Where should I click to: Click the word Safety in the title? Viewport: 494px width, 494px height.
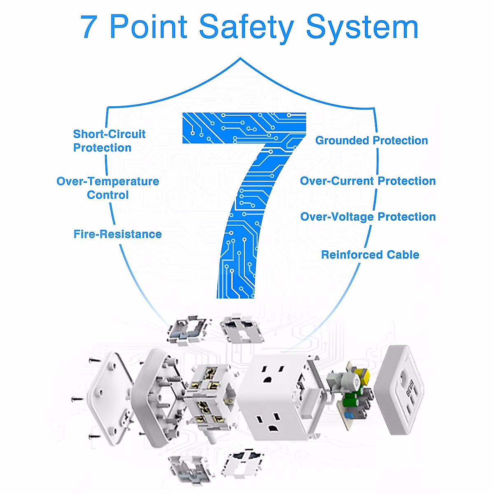pos(246,27)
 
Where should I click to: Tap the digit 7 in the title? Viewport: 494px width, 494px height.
pos(89,27)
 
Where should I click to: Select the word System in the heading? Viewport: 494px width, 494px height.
pos(362,27)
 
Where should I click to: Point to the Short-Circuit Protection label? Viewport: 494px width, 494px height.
pos(109,141)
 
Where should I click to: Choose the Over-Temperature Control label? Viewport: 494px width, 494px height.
pos(108,188)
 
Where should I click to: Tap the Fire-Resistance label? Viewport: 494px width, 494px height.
pos(118,234)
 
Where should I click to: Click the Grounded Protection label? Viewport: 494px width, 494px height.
pos(371,140)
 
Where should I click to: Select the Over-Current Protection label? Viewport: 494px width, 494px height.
pos(368,181)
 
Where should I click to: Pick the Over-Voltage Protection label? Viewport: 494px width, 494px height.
pos(368,217)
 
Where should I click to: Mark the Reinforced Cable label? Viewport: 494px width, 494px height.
pos(370,255)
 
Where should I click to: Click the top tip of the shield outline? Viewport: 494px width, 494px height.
pos(240,58)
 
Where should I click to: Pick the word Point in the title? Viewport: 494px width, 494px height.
pos(149,27)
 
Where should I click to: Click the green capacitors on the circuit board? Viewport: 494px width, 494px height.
pos(353,399)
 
